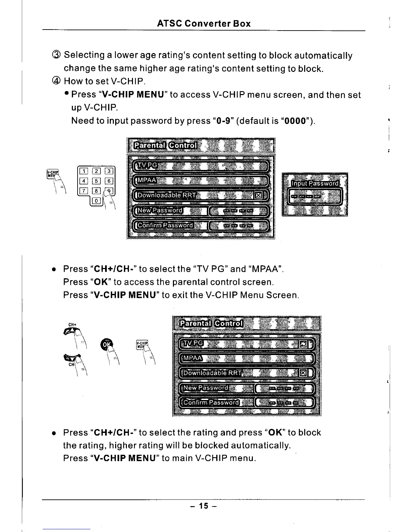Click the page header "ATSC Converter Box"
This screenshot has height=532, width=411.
point(204,24)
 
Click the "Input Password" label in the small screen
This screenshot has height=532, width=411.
point(315,183)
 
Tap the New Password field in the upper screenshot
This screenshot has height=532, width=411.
point(238,211)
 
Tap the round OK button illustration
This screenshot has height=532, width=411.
point(106,345)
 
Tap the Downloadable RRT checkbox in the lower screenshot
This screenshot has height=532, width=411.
point(303,373)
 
